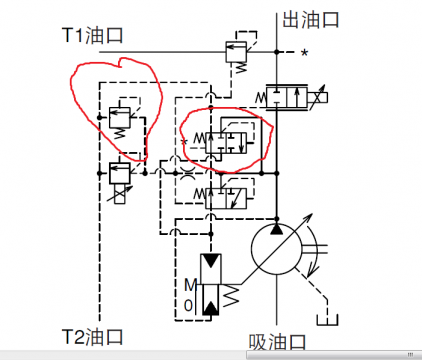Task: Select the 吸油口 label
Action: click(278, 342)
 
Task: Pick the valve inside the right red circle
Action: click(223, 139)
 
